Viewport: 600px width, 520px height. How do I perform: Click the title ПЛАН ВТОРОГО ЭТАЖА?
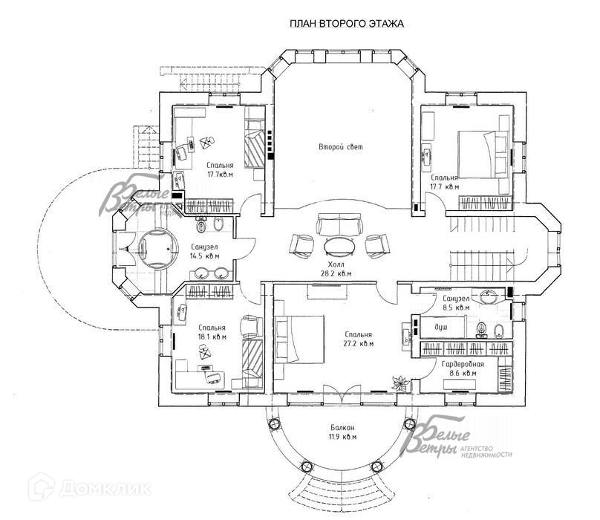(x=346, y=24)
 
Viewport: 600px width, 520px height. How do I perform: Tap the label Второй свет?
(x=341, y=148)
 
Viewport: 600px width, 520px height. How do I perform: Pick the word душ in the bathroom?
(x=441, y=327)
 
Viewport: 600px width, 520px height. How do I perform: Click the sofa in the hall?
(x=339, y=225)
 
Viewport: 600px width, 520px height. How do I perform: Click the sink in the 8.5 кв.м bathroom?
(x=486, y=293)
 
